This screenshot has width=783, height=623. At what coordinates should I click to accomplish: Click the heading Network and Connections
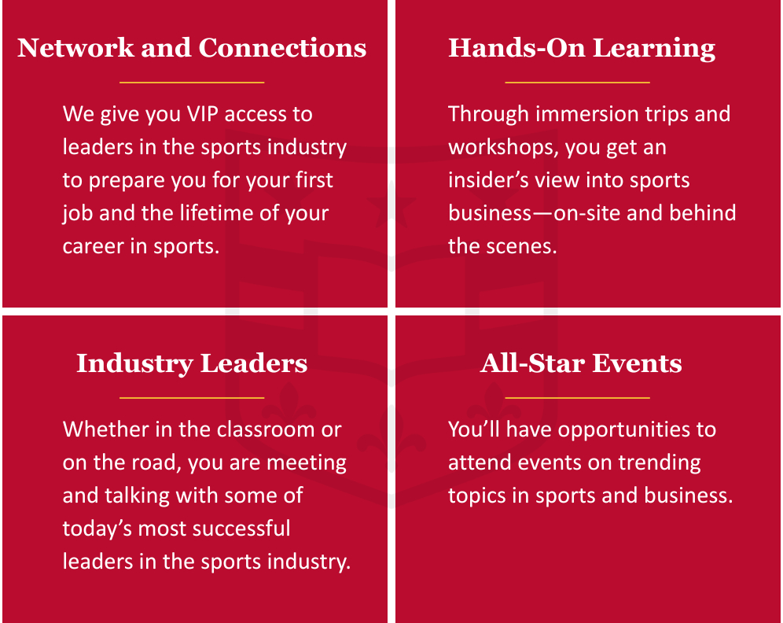192,48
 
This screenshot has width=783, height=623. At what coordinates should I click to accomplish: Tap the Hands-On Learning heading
582,48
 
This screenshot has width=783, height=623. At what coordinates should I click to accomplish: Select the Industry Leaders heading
192,363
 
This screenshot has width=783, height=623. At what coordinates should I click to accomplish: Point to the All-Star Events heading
581,363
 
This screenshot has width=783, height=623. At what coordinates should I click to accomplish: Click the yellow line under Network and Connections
192,82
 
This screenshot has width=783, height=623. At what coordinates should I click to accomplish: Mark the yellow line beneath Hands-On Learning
577,82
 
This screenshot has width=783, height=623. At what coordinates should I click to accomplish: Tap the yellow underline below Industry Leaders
192,398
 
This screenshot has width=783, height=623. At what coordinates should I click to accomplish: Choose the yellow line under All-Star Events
577,398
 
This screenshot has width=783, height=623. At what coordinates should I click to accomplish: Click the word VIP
206,114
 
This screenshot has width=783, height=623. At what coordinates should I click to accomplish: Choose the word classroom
252,429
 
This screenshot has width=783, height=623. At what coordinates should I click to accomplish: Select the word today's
99,529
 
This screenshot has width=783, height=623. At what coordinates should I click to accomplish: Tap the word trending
658,463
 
